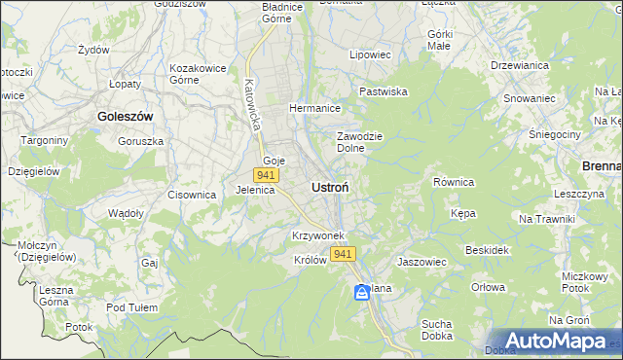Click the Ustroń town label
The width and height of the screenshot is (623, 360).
click(x=331, y=187)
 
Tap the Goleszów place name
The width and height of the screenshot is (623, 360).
click(x=126, y=116)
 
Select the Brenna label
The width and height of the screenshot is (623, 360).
click(x=601, y=166)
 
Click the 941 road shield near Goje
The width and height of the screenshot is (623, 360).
click(x=266, y=175)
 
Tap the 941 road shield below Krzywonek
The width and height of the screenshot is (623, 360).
click(x=343, y=254)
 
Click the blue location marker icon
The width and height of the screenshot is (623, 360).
click(x=362, y=292)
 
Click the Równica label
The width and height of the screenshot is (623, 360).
click(x=453, y=182)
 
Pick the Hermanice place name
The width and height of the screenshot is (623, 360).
click(x=313, y=108)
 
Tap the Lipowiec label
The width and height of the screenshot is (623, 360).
click(x=370, y=55)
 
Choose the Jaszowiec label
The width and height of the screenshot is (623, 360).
click(x=421, y=262)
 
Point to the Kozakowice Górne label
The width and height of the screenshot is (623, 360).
click(x=198, y=74)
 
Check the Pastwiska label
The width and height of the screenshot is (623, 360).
click(x=383, y=91)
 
